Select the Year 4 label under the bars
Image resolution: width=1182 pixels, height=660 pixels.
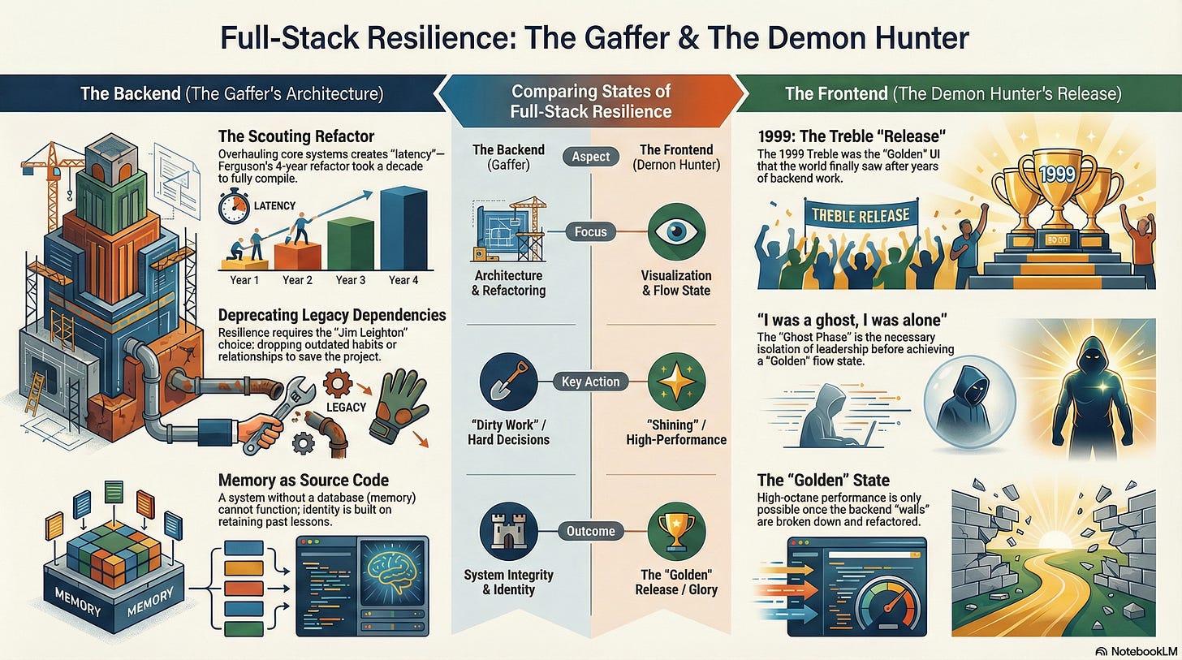[x=403, y=280]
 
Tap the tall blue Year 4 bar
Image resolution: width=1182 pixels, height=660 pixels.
[x=403, y=228]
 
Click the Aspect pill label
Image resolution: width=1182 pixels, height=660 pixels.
[x=590, y=157]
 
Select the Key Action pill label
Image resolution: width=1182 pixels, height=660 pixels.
[x=590, y=382]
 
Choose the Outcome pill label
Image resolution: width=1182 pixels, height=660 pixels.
[x=590, y=531]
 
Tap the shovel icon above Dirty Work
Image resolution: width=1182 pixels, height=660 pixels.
[x=508, y=382]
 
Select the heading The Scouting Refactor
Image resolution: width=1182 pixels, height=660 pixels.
[x=296, y=136]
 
